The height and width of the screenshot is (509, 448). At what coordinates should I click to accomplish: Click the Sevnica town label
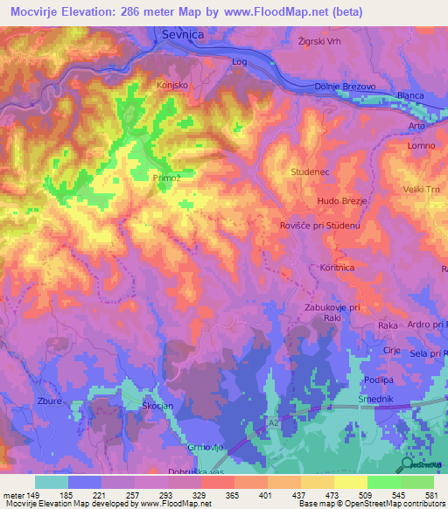coord(182,33)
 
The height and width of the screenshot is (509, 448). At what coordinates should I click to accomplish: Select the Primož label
coord(166,178)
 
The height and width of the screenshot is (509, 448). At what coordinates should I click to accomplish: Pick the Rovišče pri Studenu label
coord(320,226)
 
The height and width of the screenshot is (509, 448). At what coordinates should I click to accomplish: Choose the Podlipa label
coord(379,380)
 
